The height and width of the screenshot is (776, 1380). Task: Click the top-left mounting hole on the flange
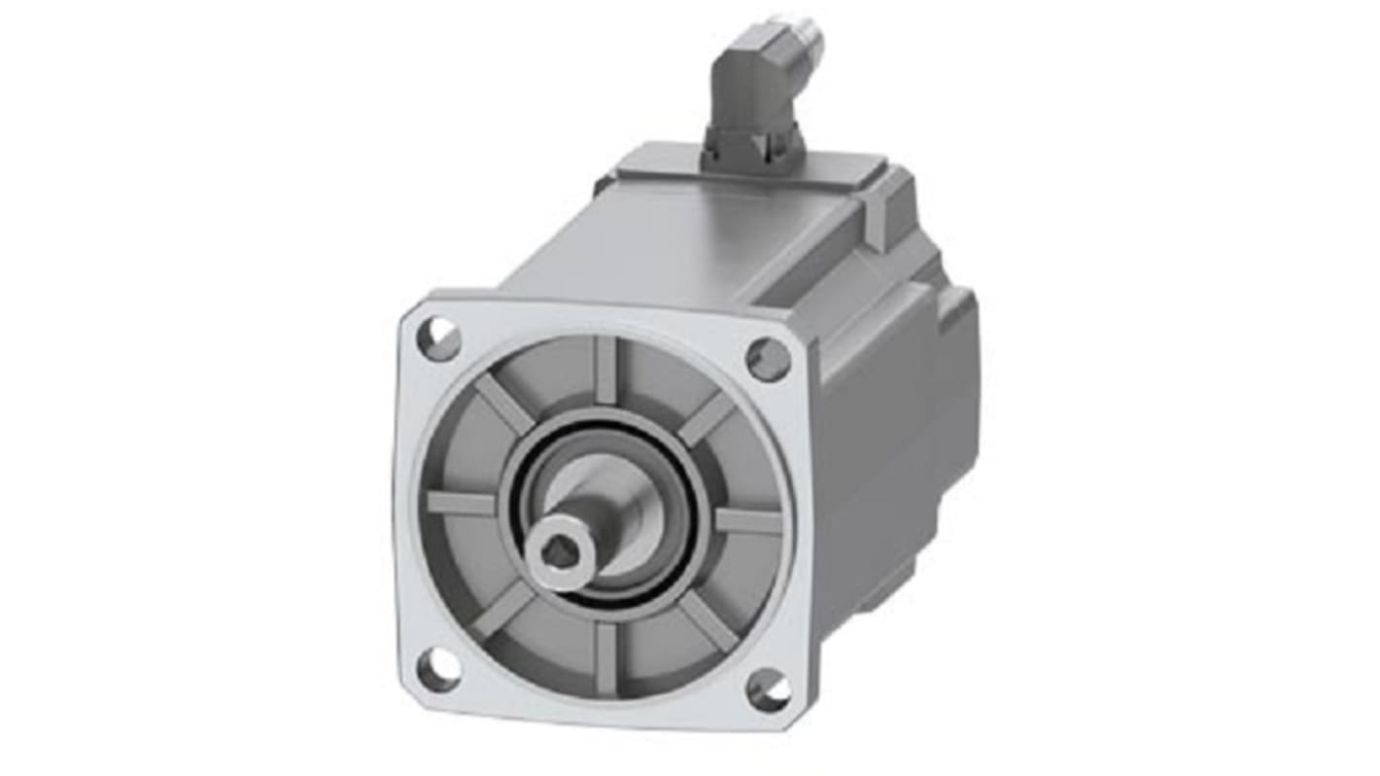tap(440, 338)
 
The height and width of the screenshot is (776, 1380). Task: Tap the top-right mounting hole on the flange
tap(768, 358)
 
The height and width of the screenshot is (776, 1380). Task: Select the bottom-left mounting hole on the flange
tap(436, 670)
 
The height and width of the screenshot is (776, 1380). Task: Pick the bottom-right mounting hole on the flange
tap(769, 689)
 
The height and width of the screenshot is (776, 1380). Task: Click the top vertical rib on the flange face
tap(606, 370)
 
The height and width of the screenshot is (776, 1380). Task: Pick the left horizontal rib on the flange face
tap(463, 503)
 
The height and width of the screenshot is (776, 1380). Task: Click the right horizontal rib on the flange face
tap(747, 521)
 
